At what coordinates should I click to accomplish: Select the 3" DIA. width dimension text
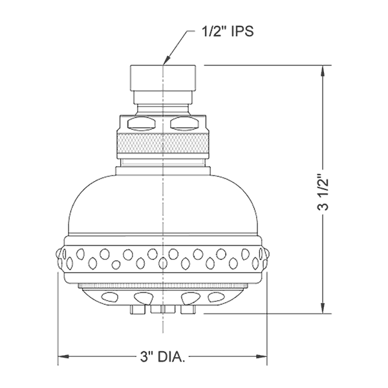click(163, 356)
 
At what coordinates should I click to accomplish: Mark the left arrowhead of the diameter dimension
click(62, 356)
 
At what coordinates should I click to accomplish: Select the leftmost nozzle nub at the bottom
click(136, 310)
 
